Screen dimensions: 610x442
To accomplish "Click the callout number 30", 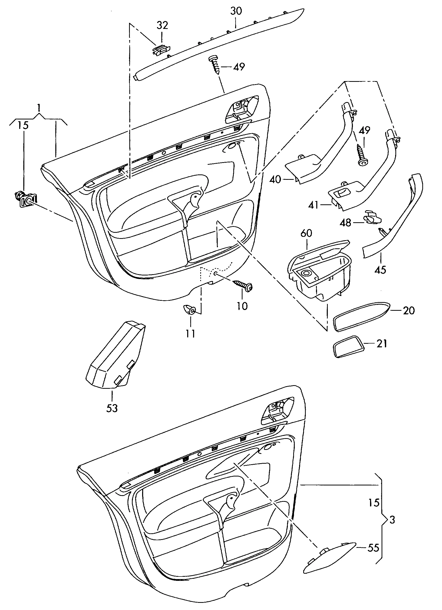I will pyautogui.click(x=236, y=11).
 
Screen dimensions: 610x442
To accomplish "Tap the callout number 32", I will pyautogui.click(x=162, y=25).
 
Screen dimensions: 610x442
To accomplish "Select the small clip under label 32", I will pyautogui.click(x=161, y=50).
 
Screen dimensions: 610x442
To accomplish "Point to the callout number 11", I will pyautogui.click(x=191, y=334).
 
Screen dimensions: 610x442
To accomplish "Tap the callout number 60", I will pyautogui.click(x=306, y=233).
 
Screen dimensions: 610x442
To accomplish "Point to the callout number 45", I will pyautogui.click(x=380, y=270).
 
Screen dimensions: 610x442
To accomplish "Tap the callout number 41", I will pyautogui.click(x=313, y=205).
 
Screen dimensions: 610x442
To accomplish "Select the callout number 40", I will pyautogui.click(x=275, y=179).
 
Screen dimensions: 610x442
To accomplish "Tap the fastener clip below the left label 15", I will pyautogui.click(x=26, y=199).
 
